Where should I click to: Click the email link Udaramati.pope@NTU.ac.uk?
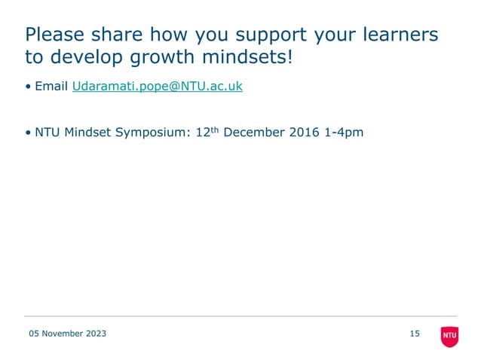[x=157, y=87]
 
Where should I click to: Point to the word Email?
[x=51, y=87]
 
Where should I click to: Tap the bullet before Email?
[x=28, y=87]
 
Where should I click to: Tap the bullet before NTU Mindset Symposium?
[x=28, y=133]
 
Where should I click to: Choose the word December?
[x=253, y=133]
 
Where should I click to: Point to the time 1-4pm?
[x=342, y=133]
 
